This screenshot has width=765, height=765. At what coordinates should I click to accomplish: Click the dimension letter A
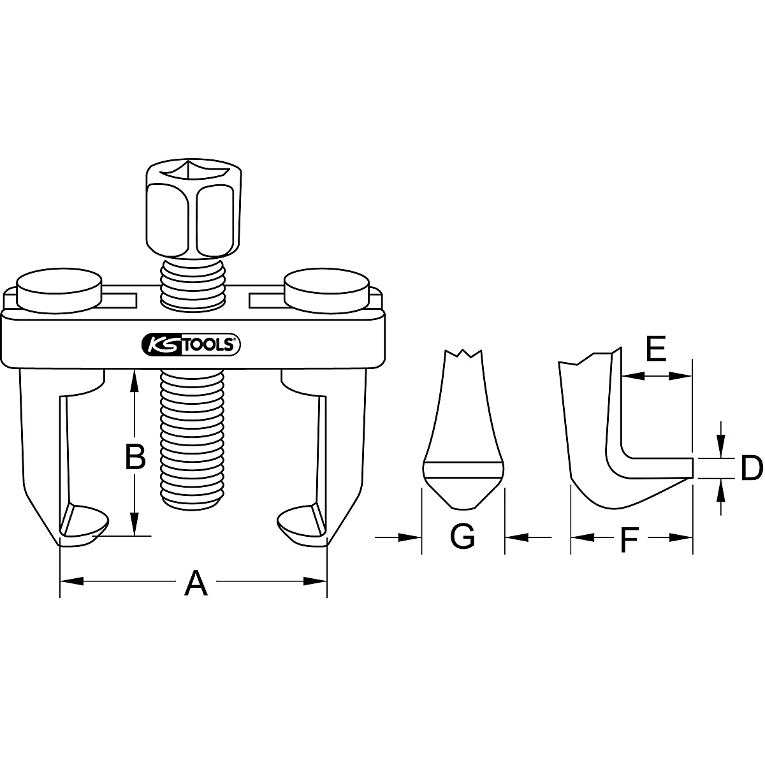coord(196,583)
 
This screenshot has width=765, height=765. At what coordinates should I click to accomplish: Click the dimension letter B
coord(135,456)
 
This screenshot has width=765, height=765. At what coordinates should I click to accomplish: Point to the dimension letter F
coord(629,541)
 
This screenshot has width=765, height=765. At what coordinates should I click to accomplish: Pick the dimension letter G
coord(462,537)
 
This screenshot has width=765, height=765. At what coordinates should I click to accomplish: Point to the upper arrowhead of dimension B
coord(135,380)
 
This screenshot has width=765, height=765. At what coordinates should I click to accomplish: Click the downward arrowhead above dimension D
coord(720,449)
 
